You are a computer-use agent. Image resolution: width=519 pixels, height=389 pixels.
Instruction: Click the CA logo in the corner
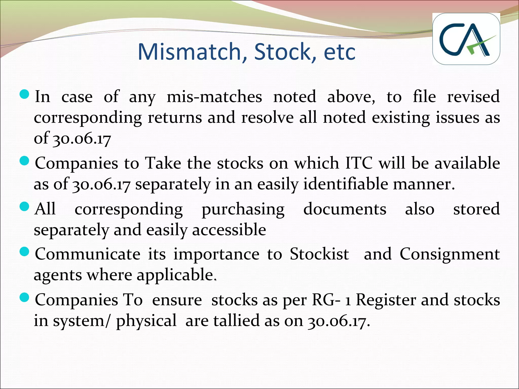pos(466,39)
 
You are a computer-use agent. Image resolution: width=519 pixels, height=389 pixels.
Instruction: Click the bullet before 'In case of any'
pos(24,95)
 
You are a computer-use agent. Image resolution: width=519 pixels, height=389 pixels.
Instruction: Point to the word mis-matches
pos(214,97)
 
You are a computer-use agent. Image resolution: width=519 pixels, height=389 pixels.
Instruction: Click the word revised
pos(473,96)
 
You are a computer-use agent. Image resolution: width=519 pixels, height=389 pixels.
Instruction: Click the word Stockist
pos(319,254)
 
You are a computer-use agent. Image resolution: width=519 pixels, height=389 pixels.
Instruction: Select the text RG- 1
pos(331,300)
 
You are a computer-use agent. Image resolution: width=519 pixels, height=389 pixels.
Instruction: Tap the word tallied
pos(237,321)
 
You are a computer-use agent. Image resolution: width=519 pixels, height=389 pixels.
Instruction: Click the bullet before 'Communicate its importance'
pos(24,252)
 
